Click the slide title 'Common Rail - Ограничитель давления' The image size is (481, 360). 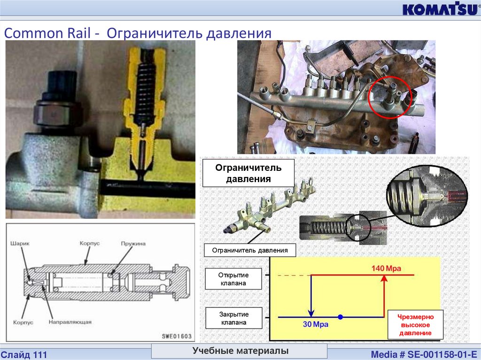click(138, 33)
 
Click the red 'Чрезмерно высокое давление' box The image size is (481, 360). click(415, 324)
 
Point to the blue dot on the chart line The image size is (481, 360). click(341, 317)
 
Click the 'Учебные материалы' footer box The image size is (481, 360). click(240, 351)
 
